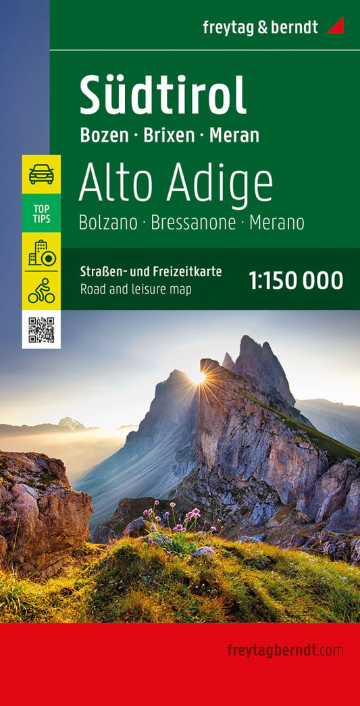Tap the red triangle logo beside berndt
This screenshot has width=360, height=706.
(x=335, y=26)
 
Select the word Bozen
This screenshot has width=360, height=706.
(x=104, y=135)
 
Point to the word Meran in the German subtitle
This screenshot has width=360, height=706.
(x=234, y=135)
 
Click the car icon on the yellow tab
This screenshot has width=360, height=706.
(x=41, y=174)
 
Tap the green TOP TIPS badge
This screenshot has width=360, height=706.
(x=41, y=213)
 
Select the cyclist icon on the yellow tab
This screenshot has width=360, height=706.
(x=41, y=290)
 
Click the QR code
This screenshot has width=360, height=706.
(x=41, y=329)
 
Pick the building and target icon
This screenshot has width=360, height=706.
(x=41, y=252)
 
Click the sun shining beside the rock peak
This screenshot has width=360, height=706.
(x=199, y=378)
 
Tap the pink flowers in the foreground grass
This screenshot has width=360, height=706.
(x=177, y=523)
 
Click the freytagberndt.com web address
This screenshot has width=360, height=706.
(x=285, y=651)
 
